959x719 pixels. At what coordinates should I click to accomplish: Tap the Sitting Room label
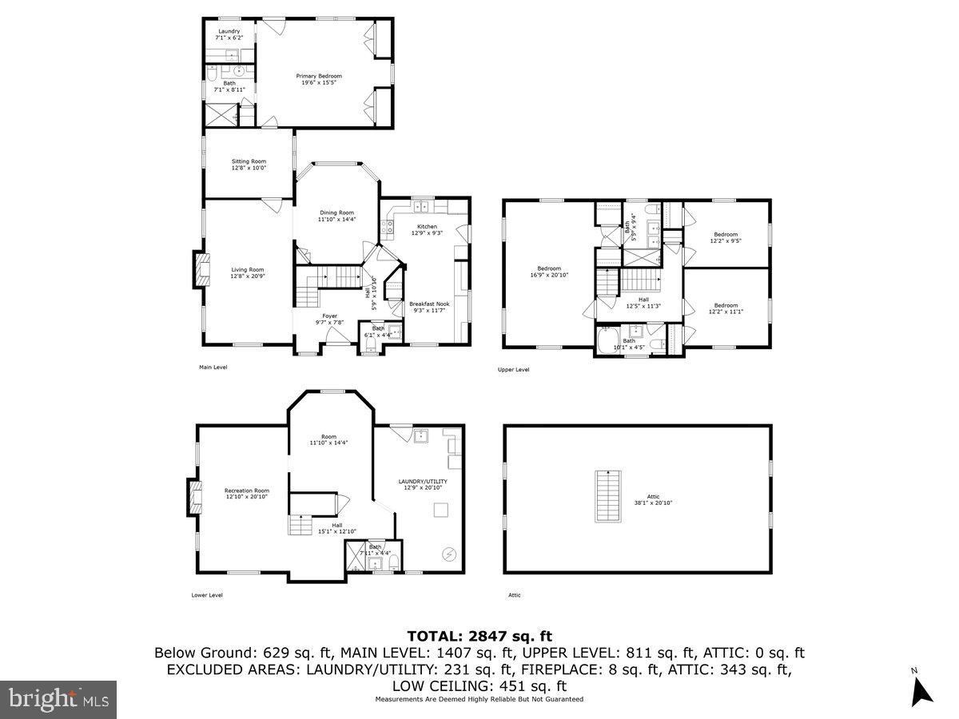click(x=249, y=165)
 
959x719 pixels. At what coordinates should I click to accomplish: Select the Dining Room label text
click(x=336, y=216)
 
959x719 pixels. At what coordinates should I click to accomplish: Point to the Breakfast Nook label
click(x=429, y=308)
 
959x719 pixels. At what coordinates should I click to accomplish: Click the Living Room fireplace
click(x=197, y=270)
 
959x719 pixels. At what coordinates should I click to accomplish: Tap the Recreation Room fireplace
click(x=193, y=497)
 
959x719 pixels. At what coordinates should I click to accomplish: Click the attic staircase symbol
click(x=608, y=496)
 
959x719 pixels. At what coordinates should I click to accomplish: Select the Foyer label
click(x=329, y=320)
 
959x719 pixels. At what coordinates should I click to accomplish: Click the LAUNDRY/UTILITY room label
click(x=423, y=485)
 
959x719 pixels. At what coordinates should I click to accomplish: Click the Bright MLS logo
click(x=58, y=699)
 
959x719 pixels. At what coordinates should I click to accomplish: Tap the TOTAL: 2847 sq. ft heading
click(x=479, y=636)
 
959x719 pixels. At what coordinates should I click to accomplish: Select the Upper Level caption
click(x=513, y=370)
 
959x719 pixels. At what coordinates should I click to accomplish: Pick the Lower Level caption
click(x=207, y=595)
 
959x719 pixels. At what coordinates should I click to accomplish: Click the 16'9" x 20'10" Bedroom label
click(x=549, y=272)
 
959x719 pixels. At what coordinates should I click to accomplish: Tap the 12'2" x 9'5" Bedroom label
click(x=726, y=238)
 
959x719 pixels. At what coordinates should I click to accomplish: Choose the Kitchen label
click(x=427, y=230)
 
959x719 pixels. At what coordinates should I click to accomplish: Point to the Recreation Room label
click(x=246, y=494)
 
